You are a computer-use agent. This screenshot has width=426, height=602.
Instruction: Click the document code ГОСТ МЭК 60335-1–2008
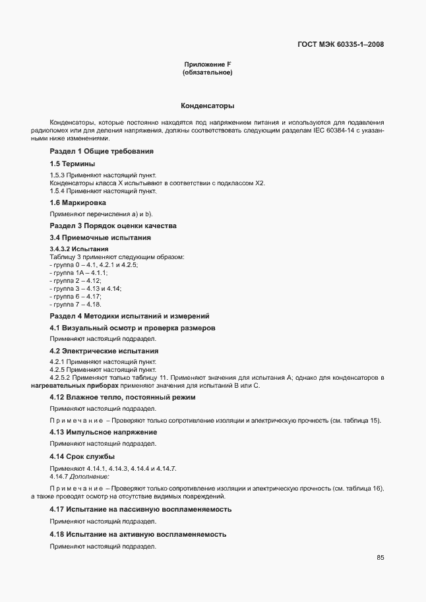coord(338,45)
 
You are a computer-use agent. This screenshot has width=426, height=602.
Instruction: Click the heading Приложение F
coord(207,64)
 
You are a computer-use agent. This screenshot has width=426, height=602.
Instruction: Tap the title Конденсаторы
coord(207,105)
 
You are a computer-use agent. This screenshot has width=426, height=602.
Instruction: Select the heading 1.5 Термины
coord(73,163)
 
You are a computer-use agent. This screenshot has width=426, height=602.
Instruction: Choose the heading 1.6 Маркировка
coord(78,202)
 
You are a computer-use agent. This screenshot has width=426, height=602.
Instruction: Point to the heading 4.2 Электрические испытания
coord(104,351)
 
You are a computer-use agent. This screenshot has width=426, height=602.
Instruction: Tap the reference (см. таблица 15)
coord(356,421)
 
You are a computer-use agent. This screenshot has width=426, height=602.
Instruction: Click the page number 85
coord(380,557)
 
